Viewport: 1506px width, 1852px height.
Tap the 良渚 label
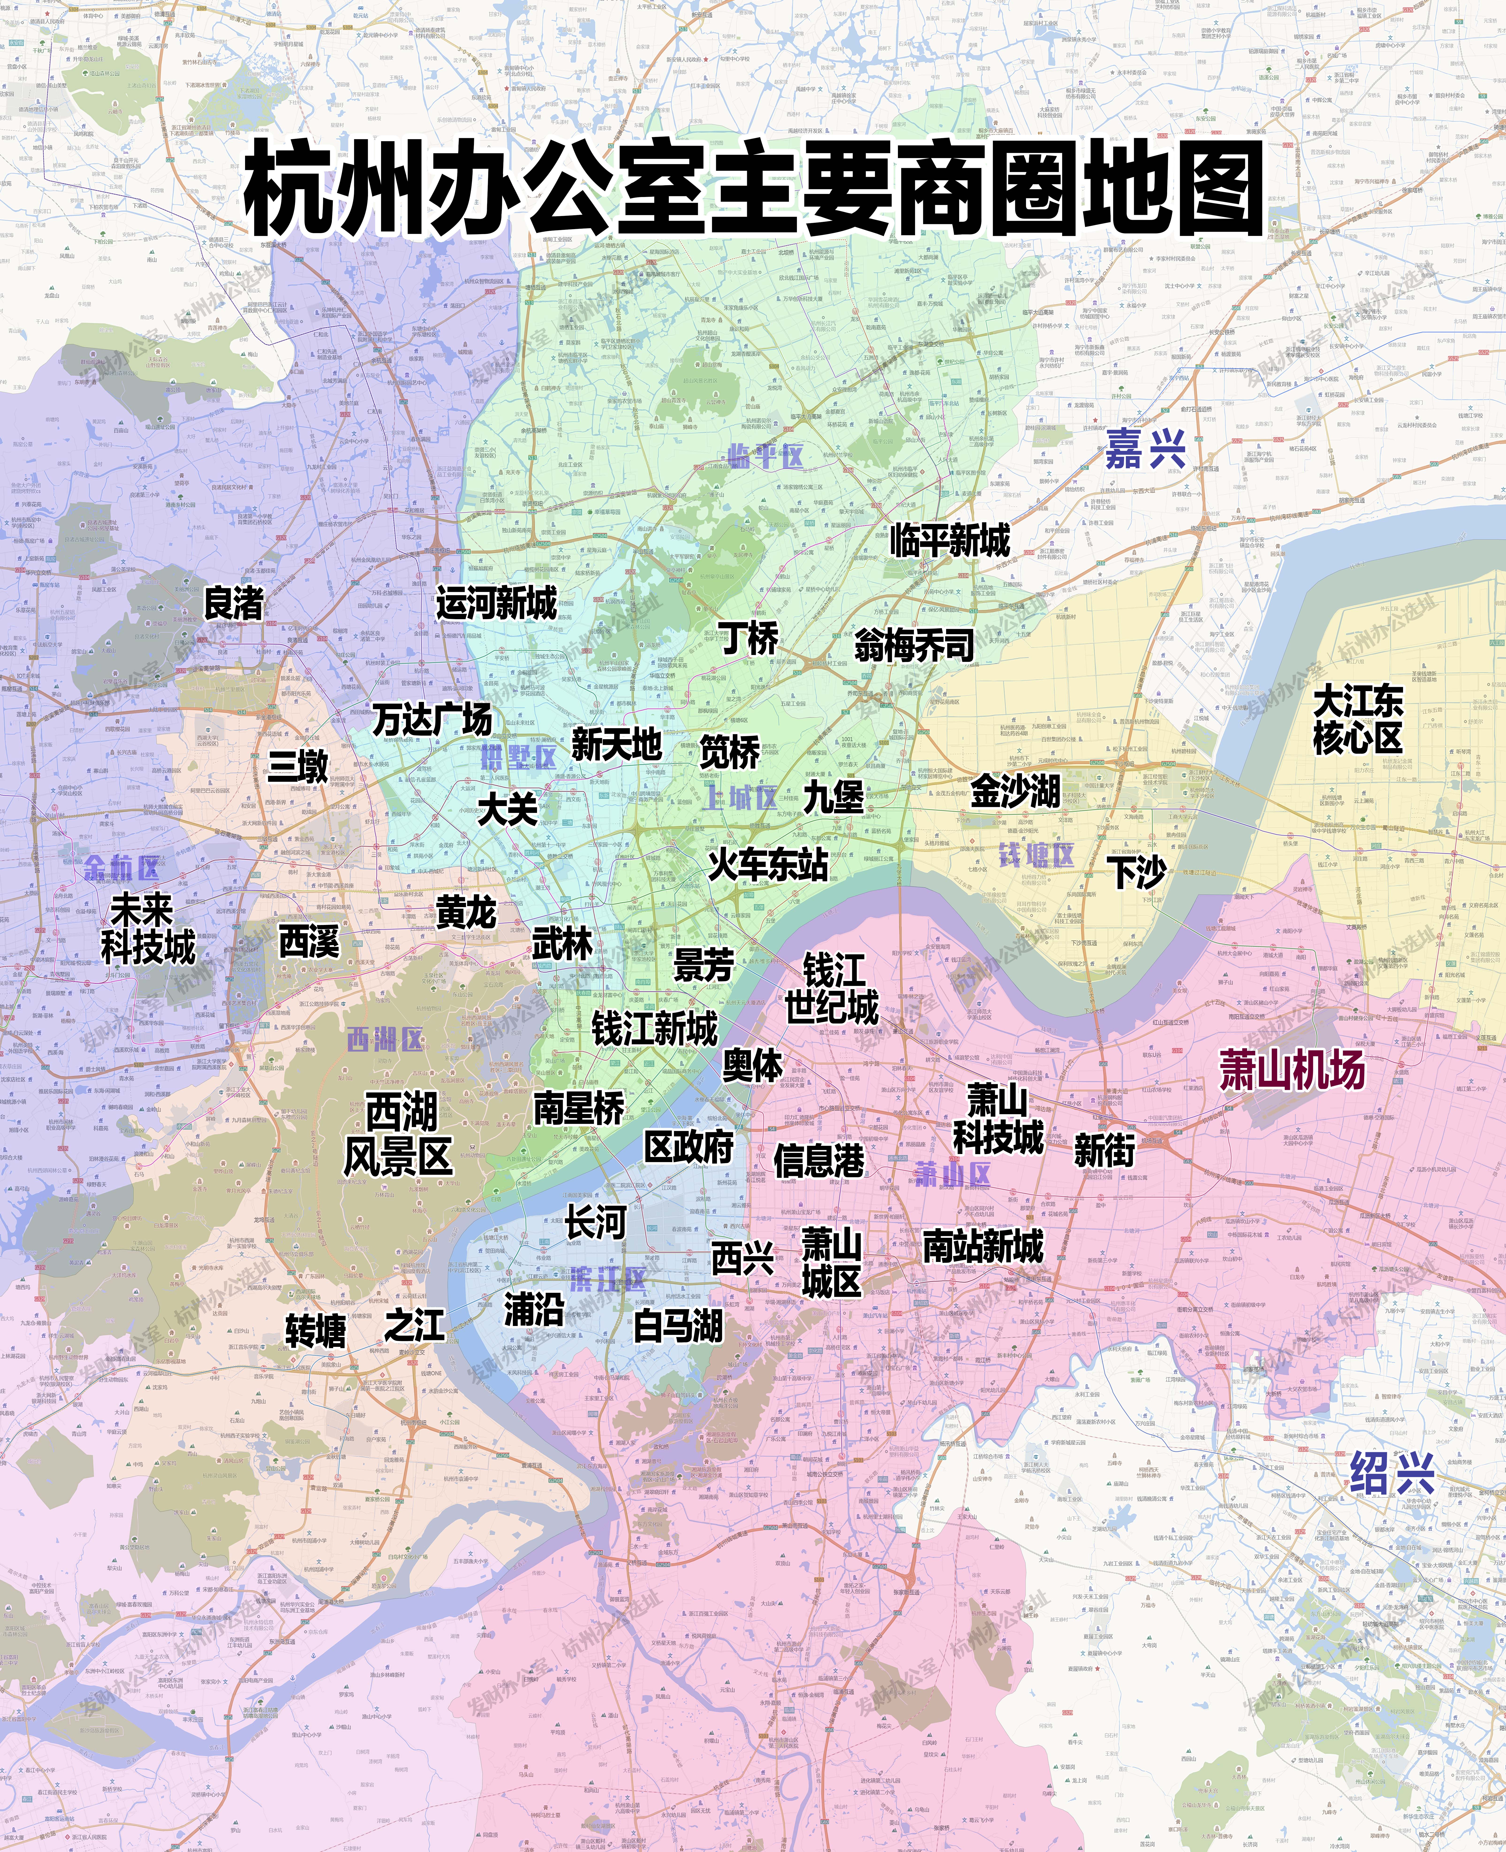[x=233, y=603]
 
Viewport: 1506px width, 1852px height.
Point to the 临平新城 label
[x=950, y=540]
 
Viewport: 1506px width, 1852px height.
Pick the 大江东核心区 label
[x=1358, y=719]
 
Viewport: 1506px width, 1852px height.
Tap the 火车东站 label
[x=768, y=865]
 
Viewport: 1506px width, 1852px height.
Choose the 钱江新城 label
[x=655, y=1029]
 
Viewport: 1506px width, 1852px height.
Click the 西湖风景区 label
[x=399, y=1134]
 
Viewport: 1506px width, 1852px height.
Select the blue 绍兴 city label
[x=1392, y=1473]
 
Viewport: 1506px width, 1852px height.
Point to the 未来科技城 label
[x=148, y=929]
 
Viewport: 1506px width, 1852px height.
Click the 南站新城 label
[x=983, y=1246]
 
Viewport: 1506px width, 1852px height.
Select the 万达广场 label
[x=432, y=719]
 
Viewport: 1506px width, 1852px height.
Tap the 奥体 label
[x=752, y=1065]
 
